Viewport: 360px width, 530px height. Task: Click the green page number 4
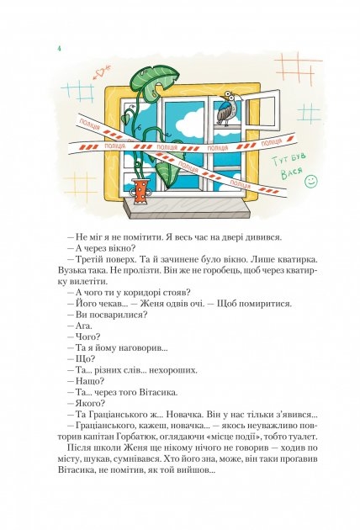[x=59, y=48]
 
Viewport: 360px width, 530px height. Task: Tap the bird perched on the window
[x=227, y=109]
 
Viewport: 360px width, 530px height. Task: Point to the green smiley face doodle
[x=311, y=181]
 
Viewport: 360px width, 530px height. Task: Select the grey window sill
[x=188, y=208]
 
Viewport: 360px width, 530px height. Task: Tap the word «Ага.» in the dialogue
[x=83, y=326]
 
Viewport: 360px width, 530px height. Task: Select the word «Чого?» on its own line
[x=87, y=337]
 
